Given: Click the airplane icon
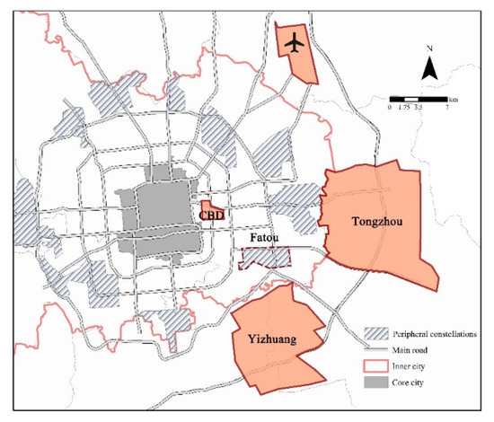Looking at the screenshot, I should (293, 40).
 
